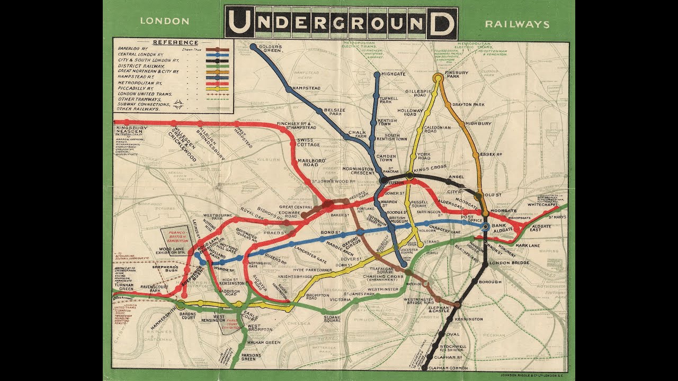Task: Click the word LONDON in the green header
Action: [x=164, y=22]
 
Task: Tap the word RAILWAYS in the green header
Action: [x=517, y=24]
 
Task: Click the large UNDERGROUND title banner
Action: [x=341, y=23]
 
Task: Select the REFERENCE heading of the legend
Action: [x=175, y=42]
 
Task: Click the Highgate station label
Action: [x=392, y=75]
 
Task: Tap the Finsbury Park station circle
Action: [x=438, y=78]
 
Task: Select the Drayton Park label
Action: [x=468, y=105]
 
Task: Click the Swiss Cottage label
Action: [x=308, y=143]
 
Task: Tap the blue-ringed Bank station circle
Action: [x=486, y=226]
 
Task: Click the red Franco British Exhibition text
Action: [x=175, y=235]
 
